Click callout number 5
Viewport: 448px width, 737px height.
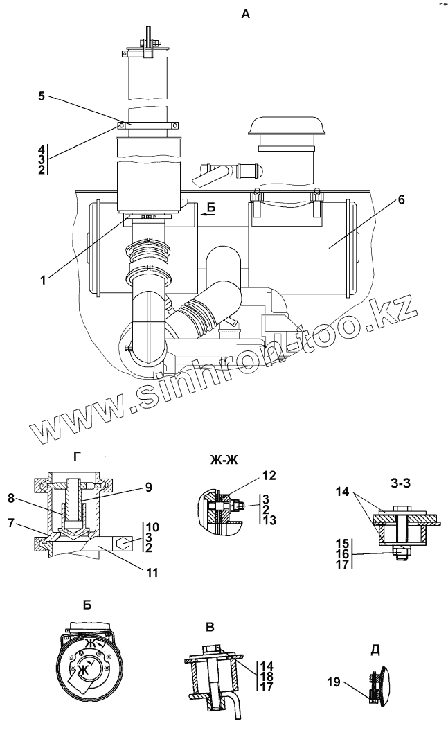click(x=41, y=96)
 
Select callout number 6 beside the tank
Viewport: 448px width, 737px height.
click(x=401, y=200)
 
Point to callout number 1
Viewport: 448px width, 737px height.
click(x=43, y=280)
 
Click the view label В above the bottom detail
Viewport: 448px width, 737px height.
click(x=210, y=627)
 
